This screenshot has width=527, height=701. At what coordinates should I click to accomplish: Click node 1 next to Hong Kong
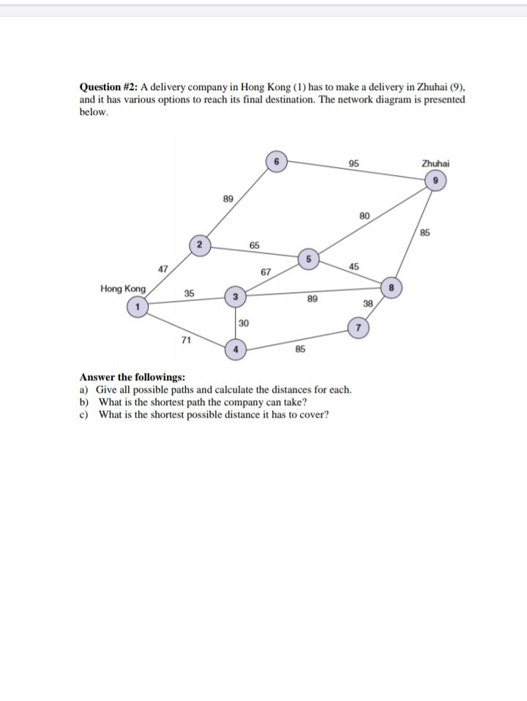pyautogui.click(x=136, y=307)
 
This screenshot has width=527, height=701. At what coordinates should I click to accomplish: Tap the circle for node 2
pyautogui.click(x=199, y=245)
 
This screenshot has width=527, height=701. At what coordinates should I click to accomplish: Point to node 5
pyautogui.click(x=308, y=258)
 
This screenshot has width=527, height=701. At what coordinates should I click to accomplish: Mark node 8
pyautogui.click(x=392, y=287)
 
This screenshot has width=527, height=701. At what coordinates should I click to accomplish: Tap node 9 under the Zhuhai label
pyautogui.click(x=436, y=180)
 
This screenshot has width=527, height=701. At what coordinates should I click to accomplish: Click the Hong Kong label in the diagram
pyautogui.click(x=123, y=289)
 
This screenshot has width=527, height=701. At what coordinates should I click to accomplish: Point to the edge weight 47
pyautogui.click(x=164, y=269)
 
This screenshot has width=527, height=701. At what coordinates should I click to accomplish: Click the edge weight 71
pyautogui.click(x=187, y=339)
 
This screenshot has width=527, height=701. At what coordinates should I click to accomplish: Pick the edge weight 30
pyautogui.click(x=244, y=322)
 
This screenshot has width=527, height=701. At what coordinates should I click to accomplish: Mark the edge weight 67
pyautogui.click(x=266, y=272)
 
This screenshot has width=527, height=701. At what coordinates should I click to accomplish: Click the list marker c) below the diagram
pyautogui.click(x=83, y=415)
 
